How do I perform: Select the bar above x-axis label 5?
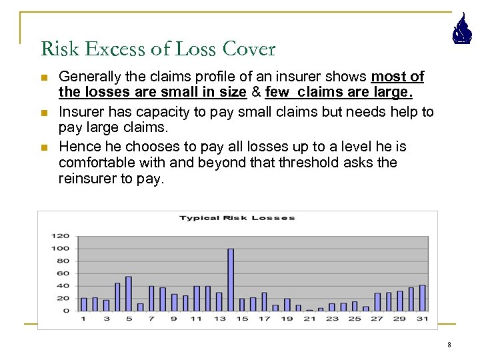129,293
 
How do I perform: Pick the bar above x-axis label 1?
83,304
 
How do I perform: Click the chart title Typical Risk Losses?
237,218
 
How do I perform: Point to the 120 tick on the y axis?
61,236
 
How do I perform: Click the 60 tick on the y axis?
63,273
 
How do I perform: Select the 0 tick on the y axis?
66,311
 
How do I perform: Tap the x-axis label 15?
242,319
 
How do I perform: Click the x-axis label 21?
309,319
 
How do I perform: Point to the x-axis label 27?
377,319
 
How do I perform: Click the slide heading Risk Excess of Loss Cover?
158,49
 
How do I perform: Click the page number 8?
449,345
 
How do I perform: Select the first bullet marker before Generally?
44,78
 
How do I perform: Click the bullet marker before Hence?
44,147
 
